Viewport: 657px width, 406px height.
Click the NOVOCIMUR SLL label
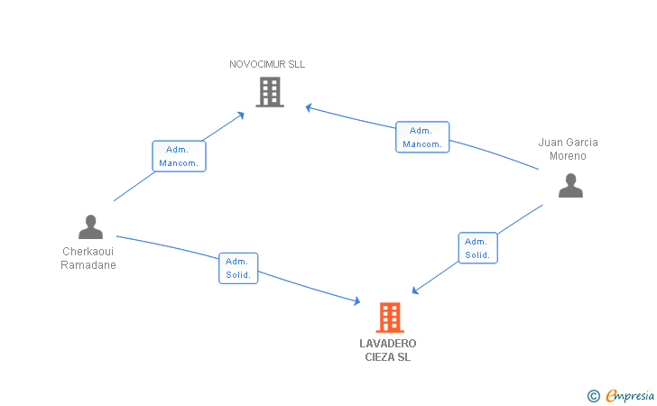pyautogui.click(x=267, y=64)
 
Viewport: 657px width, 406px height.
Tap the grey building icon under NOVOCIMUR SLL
pyautogui.click(x=270, y=92)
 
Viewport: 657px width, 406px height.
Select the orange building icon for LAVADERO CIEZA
pyautogui.click(x=390, y=318)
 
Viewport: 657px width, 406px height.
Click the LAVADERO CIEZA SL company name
pyautogui.click(x=387, y=350)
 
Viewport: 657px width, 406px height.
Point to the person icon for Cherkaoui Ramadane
pyautogui.click(x=90, y=226)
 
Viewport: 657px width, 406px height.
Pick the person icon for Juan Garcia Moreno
pyautogui.click(x=570, y=185)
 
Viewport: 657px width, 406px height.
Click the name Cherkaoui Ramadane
pyautogui.click(x=88, y=258)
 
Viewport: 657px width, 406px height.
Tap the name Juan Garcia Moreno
pyautogui.click(x=568, y=149)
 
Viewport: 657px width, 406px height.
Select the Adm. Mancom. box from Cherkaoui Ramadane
pyautogui.click(x=179, y=156)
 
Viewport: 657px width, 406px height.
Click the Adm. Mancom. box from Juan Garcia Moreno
pyautogui.click(x=422, y=137)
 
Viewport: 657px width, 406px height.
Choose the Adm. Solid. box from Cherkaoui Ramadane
pyautogui.click(x=238, y=268)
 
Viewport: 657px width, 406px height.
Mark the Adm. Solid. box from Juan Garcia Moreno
pyautogui.click(x=478, y=248)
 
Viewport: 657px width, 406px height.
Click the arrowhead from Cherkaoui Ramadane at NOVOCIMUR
pyautogui.click(x=241, y=115)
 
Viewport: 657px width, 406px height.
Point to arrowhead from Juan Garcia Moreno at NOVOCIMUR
pyautogui.click(x=309, y=107)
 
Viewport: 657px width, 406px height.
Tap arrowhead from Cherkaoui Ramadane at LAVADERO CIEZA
pyautogui.click(x=357, y=300)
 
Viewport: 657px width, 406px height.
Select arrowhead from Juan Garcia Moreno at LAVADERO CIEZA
pyautogui.click(x=415, y=291)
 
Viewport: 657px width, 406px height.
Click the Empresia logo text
pyautogui.click(x=630, y=395)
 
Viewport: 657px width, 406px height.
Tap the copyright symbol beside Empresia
pyautogui.click(x=594, y=396)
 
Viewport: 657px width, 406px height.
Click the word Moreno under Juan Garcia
pyautogui.click(x=568, y=156)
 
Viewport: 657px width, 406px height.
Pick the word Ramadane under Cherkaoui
pyautogui.click(x=88, y=265)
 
